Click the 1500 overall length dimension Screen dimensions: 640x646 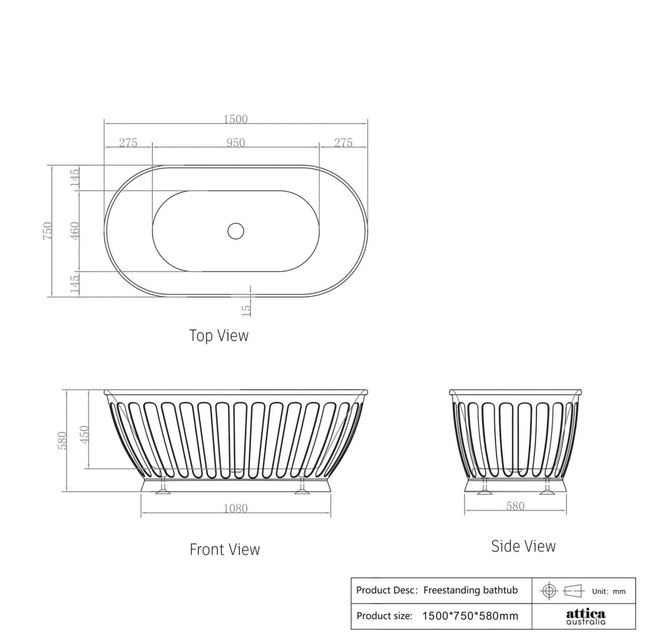pos(235,119)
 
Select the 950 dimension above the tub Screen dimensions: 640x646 pos(235,143)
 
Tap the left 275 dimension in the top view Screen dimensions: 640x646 pos(128,143)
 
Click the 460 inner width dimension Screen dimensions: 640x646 pos(74,231)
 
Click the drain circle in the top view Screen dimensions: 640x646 pos(235,231)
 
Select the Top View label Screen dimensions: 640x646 pos(219,335)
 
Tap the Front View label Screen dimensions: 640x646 pos(225,549)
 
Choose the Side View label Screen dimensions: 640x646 pos(523,546)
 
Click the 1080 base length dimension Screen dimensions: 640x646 pos(235,508)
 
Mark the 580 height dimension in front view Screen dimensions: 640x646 pos(62,440)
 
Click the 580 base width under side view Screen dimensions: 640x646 pos(515,506)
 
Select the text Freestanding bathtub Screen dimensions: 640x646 pos(470,590)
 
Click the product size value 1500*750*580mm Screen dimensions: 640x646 pos(470,616)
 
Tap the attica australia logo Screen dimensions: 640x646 pos(585,616)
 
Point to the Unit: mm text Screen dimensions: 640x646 pos(609,591)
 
